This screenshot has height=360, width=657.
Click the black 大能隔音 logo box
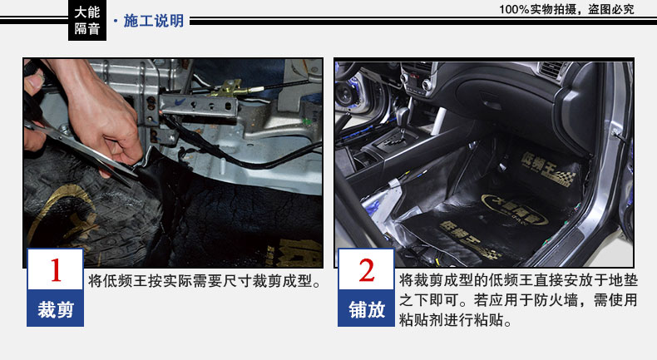click(x=87, y=20)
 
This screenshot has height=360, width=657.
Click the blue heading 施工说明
click(x=154, y=21)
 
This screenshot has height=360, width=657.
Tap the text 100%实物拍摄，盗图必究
click(x=566, y=9)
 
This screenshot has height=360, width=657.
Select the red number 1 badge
click(x=56, y=269)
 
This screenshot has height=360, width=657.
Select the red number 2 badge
click(x=366, y=269)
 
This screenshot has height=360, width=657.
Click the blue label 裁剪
click(x=56, y=309)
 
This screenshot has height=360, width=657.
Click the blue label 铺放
click(x=367, y=309)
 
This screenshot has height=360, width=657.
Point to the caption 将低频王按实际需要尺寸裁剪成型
click(x=200, y=281)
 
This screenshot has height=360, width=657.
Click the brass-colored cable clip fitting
click(x=230, y=89)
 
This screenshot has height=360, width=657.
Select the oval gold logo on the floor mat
click(x=515, y=209)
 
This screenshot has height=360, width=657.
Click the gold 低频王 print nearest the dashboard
click(x=547, y=169)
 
